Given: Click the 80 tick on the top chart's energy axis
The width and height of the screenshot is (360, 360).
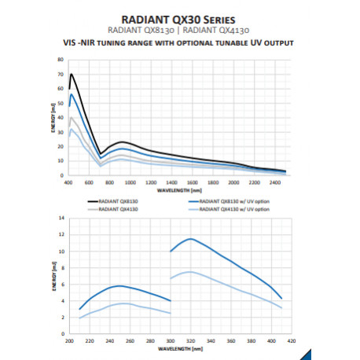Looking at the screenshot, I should pyautogui.click(x=59, y=59).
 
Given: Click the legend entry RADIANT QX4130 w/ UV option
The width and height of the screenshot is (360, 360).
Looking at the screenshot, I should pyautogui.click(x=233, y=210).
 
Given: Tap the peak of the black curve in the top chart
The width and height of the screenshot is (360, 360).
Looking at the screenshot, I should pyautogui.click(x=72, y=75).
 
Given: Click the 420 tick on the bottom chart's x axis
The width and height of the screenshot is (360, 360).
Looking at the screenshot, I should pyautogui.click(x=291, y=341).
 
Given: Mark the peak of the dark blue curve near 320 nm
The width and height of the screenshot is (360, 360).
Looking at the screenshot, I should pyautogui.click(x=190, y=238).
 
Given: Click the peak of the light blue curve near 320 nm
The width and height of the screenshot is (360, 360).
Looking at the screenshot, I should pyautogui.click(x=190, y=272).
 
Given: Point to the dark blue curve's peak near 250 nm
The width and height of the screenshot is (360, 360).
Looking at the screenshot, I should pyautogui.click(x=119, y=285).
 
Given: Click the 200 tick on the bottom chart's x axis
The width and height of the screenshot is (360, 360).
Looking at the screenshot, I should pyautogui.click(x=69, y=341).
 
